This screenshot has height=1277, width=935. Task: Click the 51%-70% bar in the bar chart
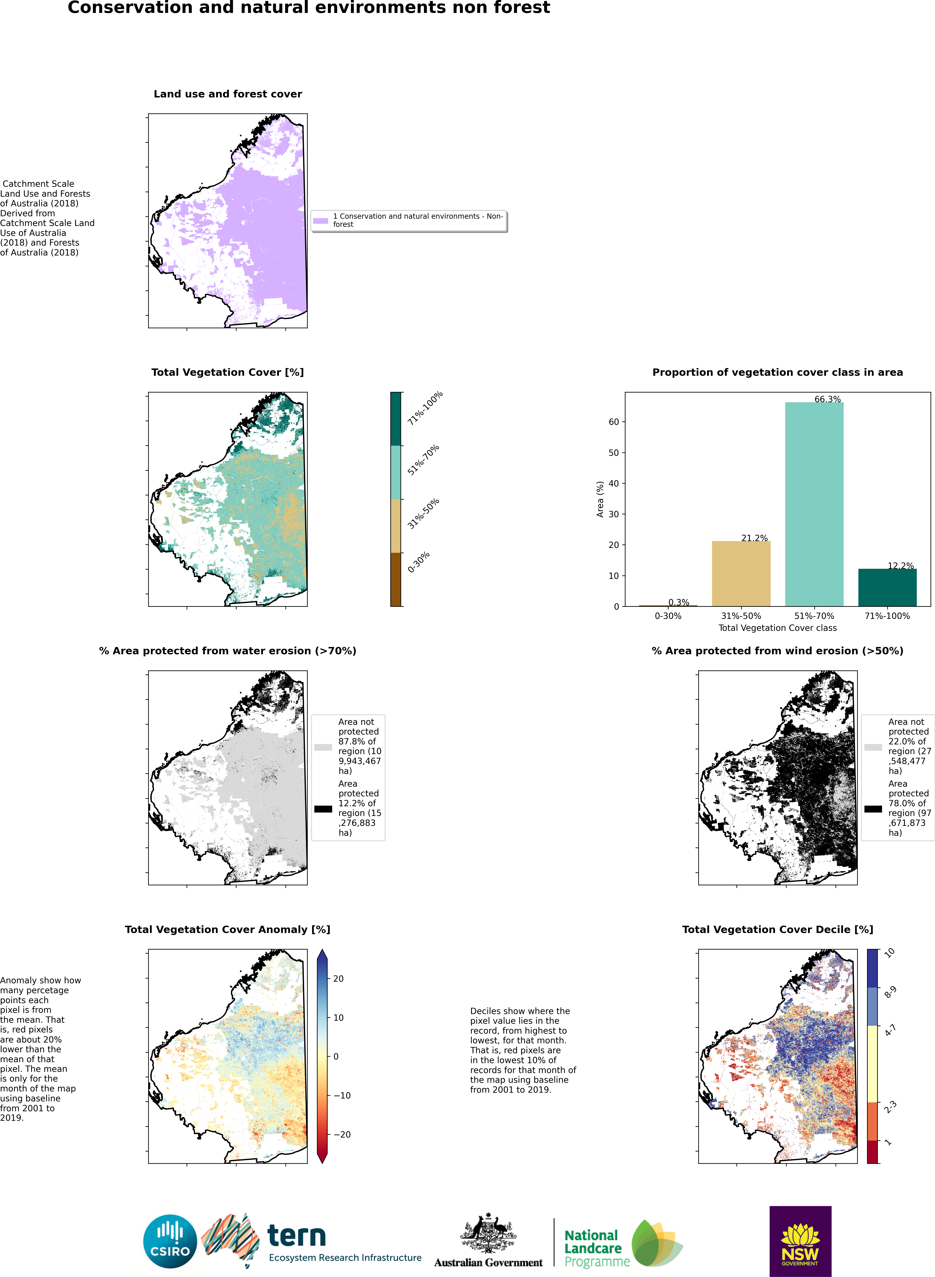(814, 503)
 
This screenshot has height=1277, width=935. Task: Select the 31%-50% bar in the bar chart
(741, 573)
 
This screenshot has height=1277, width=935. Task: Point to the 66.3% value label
(827, 399)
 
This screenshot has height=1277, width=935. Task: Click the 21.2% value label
(754, 537)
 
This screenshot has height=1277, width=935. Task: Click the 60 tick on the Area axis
(614, 421)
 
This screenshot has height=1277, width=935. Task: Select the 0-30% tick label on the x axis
(668, 616)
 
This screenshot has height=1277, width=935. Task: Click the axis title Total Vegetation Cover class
(777, 627)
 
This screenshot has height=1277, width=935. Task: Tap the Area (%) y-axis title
(600, 499)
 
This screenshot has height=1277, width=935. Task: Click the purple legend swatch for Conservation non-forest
(320, 221)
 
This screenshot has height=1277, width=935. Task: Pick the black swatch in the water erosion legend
(323, 808)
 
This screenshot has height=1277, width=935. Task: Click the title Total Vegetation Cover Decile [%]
(777, 930)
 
